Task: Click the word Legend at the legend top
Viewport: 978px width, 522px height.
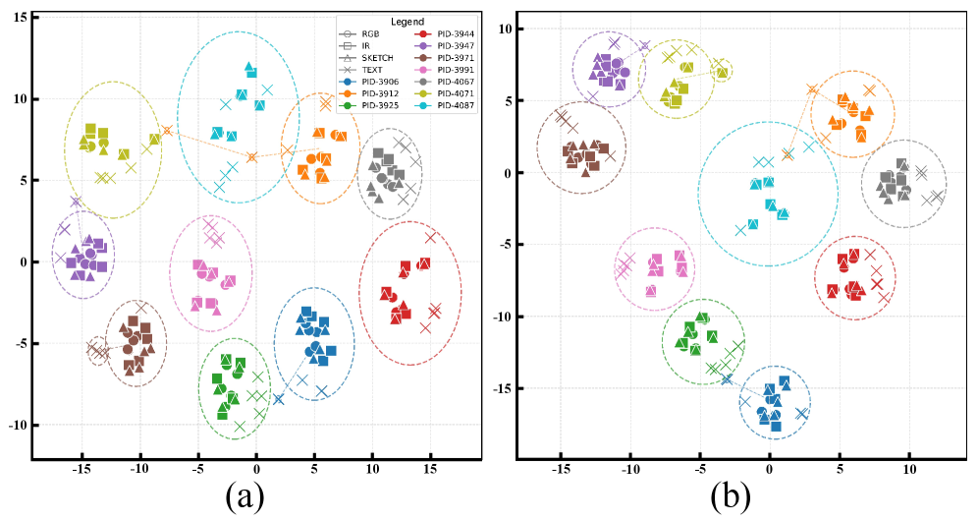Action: click(x=407, y=21)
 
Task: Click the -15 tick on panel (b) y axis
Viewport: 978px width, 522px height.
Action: click(x=504, y=388)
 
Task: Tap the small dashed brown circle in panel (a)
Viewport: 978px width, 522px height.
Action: click(x=97, y=350)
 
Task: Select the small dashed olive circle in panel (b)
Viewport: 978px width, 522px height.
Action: click(x=722, y=71)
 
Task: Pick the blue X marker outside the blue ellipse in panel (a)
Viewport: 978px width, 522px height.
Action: click(x=279, y=398)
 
